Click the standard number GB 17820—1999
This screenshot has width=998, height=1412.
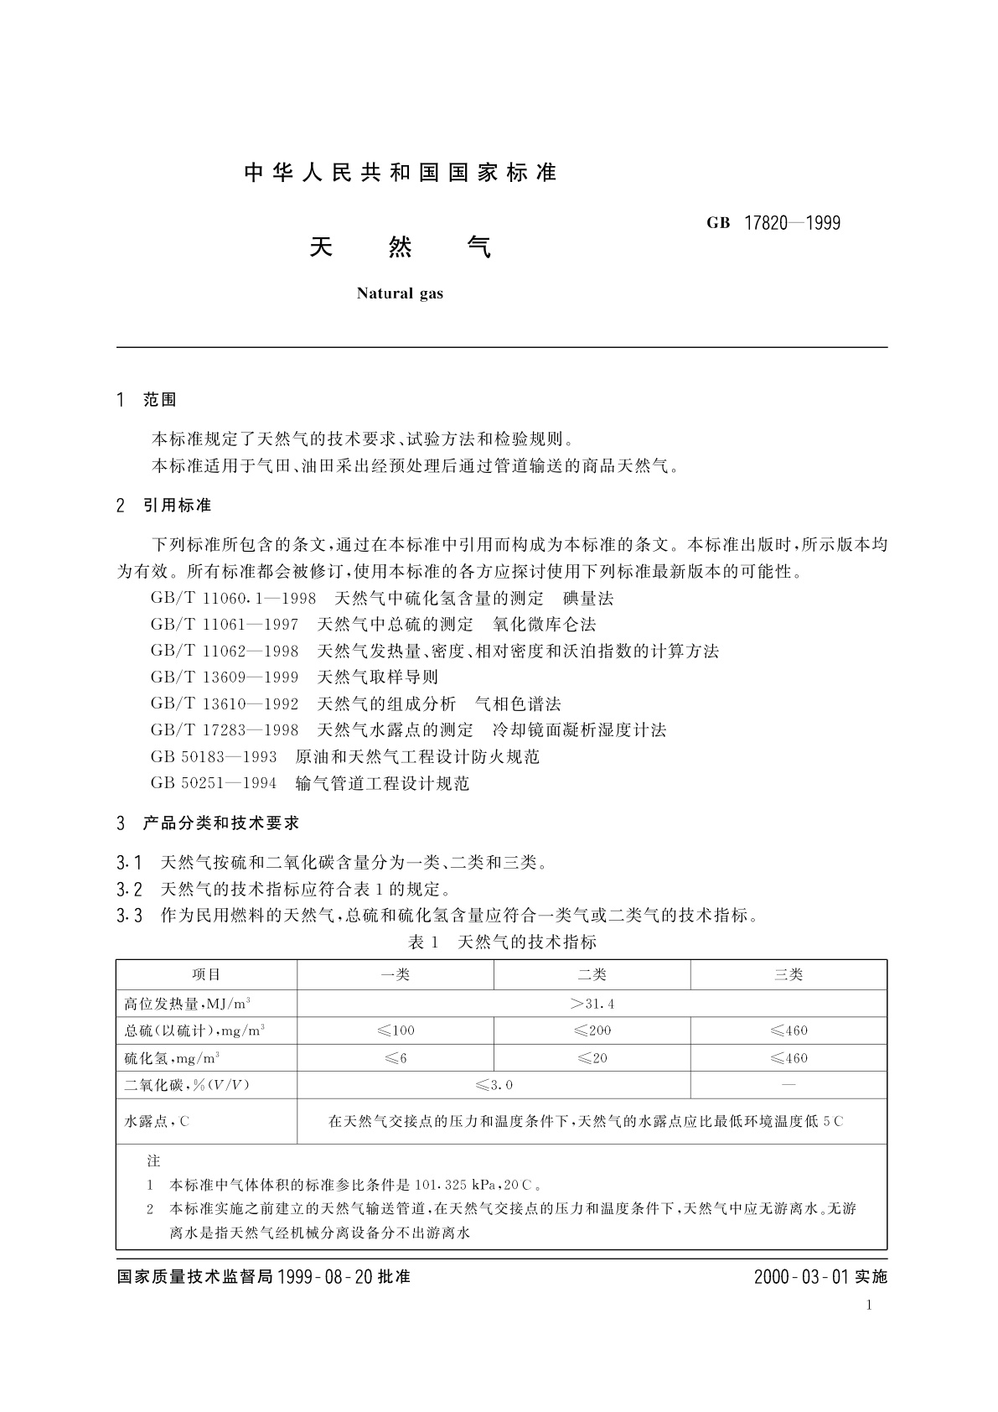(773, 223)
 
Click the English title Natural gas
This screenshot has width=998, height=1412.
(400, 293)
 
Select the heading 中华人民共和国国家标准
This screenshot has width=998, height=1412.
(401, 173)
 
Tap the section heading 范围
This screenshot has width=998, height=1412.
(159, 400)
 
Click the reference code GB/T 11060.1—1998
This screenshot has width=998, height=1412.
(233, 599)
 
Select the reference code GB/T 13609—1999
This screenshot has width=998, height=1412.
(225, 677)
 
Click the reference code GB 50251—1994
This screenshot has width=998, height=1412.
(214, 784)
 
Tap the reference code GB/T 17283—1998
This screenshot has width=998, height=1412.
(225, 730)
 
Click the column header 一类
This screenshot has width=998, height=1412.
(396, 974)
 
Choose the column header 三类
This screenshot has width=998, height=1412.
(789, 974)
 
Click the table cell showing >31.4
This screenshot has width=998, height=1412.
(592, 1004)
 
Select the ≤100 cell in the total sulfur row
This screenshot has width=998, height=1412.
(396, 1030)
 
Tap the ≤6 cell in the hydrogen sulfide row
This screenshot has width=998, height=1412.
(396, 1058)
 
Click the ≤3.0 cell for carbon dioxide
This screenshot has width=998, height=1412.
(494, 1085)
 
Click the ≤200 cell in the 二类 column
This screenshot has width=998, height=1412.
(592, 1030)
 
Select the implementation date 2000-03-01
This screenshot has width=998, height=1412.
(802, 1277)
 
